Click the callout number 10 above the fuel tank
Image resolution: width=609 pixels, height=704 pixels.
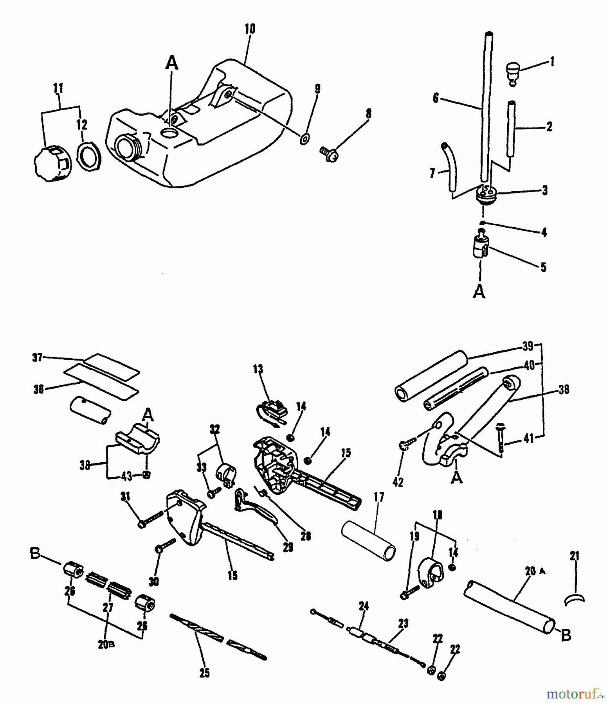point(250,29)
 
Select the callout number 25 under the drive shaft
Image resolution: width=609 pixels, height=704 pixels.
point(204,673)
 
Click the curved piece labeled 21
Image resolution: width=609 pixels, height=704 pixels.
point(574,599)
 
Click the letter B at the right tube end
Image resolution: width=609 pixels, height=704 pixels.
point(566,636)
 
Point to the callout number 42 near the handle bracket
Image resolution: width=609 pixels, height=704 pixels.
point(398,483)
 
